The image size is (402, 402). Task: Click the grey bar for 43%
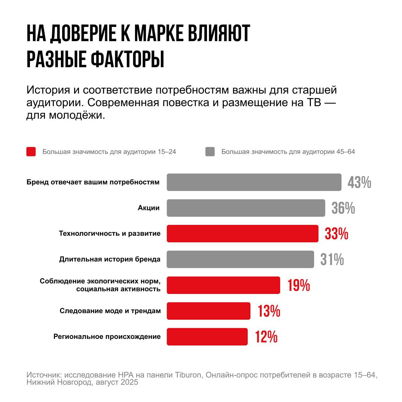[x=254, y=182]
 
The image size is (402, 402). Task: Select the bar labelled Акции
[x=246, y=208]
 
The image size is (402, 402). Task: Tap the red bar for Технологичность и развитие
[x=242, y=234]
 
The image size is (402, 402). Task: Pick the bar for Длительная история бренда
[x=240, y=259]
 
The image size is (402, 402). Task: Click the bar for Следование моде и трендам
[x=208, y=311]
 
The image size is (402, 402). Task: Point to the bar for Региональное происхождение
[x=207, y=337]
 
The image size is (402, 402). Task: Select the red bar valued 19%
[x=223, y=285]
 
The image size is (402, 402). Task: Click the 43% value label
[x=359, y=182]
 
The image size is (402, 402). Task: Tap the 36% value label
[x=343, y=208]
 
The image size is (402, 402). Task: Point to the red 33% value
[x=336, y=234]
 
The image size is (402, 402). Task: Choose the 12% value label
[x=266, y=337]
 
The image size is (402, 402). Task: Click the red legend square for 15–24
[x=31, y=152]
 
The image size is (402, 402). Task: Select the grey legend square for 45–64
[x=210, y=152]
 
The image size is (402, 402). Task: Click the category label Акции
[x=149, y=208]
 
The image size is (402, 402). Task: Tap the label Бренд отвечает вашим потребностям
[x=93, y=182]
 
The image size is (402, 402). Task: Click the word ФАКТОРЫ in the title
[x=128, y=59]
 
